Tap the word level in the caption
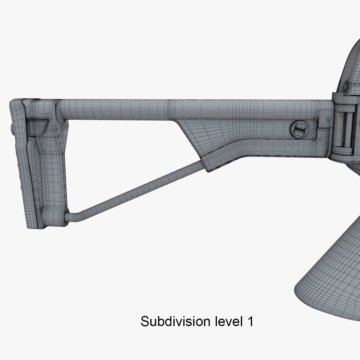pyautogui.click(x=227, y=321)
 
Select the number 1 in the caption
pyautogui.click(x=250, y=321)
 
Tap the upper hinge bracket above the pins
pyautogui.click(x=345, y=100)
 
